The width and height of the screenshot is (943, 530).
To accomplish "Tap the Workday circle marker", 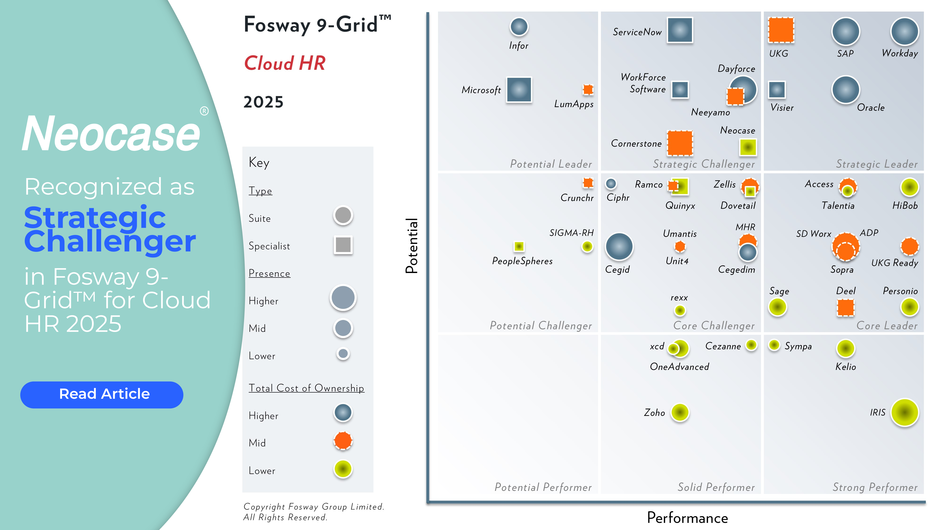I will (904, 32).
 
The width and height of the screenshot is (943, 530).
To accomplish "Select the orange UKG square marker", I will (781, 30).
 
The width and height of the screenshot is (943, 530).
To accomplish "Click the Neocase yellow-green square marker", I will (748, 147).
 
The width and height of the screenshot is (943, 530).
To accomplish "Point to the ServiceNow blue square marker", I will (680, 30).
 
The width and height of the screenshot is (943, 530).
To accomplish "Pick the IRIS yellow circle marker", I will (905, 413).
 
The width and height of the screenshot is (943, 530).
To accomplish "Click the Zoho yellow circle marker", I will (680, 413).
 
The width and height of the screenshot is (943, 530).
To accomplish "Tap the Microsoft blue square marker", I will (519, 90).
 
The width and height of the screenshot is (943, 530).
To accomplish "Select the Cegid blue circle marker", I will (619, 247).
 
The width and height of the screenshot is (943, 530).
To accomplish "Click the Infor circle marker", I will (519, 27).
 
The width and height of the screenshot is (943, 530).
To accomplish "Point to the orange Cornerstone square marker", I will (680, 143).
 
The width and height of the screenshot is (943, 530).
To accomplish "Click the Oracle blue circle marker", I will (846, 90).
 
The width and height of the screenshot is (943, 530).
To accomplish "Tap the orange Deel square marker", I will (846, 307).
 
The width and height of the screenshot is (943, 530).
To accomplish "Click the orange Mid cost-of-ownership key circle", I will (343, 440).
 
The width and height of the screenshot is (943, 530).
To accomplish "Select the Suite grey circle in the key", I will (343, 215).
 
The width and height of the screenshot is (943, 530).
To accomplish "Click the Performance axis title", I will (687, 518).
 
